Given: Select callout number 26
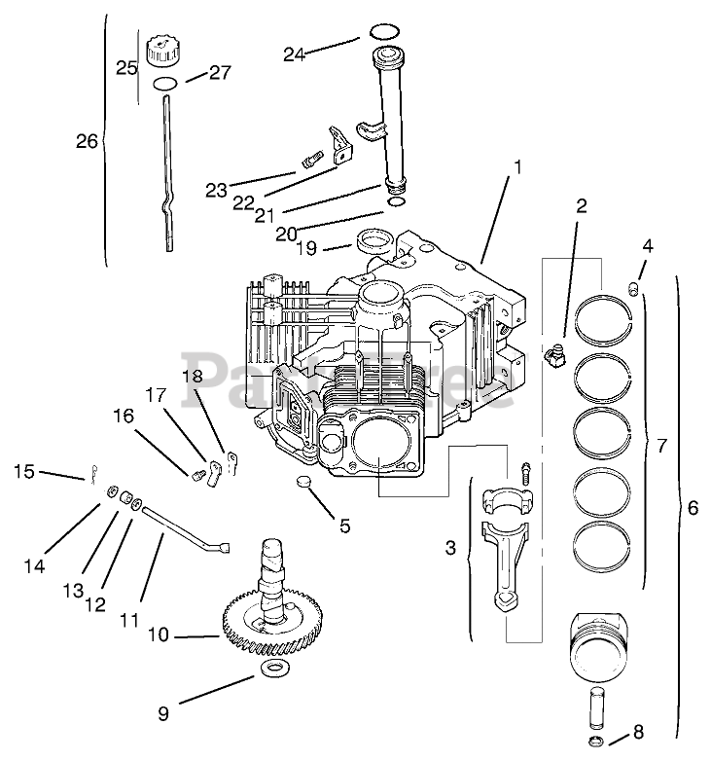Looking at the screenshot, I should [x=87, y=142].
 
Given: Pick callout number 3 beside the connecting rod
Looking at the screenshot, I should [x=450, y=548].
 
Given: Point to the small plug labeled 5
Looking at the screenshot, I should [x=303, y=484].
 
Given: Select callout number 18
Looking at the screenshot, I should [x=192, y=375].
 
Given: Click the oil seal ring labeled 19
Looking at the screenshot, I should [x=374, y=236].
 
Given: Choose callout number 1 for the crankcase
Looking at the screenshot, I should [x=517, y=167].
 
